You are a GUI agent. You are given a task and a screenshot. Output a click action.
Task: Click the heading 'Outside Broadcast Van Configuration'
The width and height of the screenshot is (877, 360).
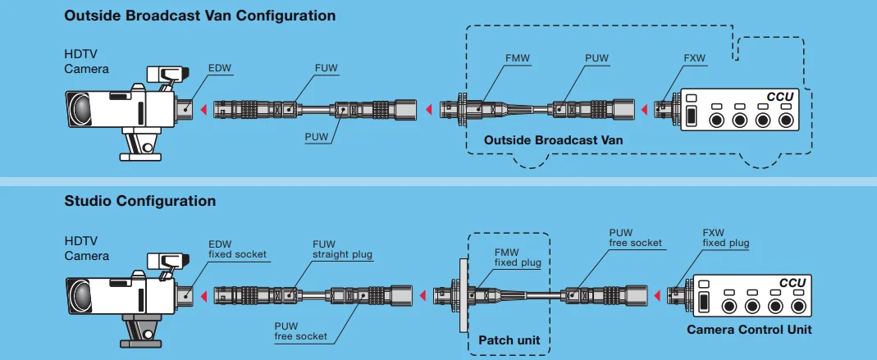click(199, 16)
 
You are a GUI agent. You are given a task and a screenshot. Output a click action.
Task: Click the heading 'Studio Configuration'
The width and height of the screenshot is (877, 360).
click(140, 201)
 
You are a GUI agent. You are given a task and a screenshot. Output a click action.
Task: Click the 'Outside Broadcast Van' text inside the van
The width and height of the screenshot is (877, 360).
click(553, 140)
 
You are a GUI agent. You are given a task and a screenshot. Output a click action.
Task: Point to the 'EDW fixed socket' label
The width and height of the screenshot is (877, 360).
click(237, 248)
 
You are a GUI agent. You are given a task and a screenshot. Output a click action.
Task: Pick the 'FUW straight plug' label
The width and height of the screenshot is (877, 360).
click(342, 249)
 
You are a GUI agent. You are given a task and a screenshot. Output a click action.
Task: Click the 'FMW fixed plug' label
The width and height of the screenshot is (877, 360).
click(517, 257)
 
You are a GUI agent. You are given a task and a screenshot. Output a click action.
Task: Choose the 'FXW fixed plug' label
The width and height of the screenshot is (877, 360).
click(725, 238)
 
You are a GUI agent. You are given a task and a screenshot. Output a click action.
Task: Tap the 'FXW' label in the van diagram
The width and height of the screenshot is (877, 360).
click(694, 59)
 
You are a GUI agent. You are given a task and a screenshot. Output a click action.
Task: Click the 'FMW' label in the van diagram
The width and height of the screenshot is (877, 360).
click(518, 59)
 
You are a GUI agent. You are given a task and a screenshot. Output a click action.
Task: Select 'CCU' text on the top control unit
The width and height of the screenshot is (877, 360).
click(779, 97)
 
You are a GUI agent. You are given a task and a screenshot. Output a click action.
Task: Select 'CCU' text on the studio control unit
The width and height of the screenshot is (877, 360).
click(792, 283)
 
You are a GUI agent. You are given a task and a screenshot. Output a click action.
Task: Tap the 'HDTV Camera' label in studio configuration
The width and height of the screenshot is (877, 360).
click(86, 248)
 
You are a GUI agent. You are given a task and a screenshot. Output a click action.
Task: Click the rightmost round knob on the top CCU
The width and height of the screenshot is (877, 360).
click(788, 120)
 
